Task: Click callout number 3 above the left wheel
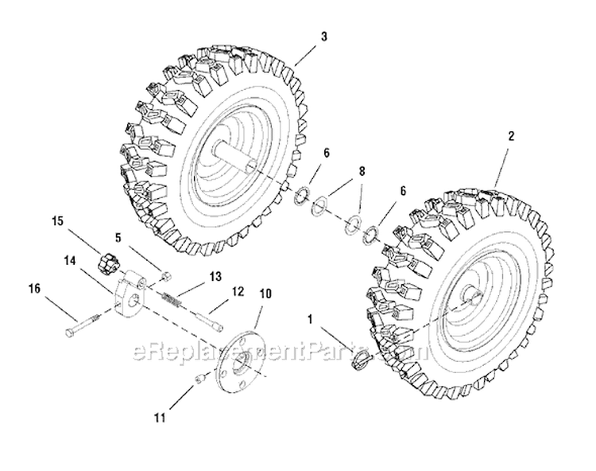tap(323, 37)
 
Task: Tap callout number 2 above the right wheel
tap(511, 136)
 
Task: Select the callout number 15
tap(57, 221)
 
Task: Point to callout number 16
tap(34, 289)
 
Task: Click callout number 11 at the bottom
tap(161, 418)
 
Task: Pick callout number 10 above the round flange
tap(265, 294)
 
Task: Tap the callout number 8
tap(362, 172)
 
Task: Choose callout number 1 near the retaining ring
tap(311, 320)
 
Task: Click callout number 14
tap(70, 261)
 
